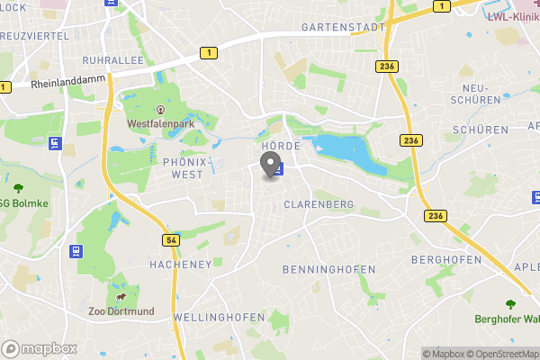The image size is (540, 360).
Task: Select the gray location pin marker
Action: click(x=268, y=165)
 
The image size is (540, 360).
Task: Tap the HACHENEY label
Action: click(x=180, y=264)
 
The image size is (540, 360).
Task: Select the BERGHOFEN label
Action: click(x=442, y=259)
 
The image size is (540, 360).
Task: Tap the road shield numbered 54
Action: click(x=170, y=240)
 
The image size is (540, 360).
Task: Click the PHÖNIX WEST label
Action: click(x=188, y=166)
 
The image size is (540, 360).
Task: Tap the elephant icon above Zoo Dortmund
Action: click(x=120, y=294)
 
